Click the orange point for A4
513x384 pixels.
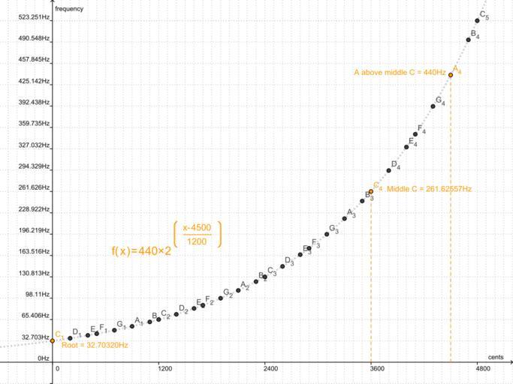[451, 75]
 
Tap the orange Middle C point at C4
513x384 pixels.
[371, 192]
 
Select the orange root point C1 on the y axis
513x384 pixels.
[53, 340]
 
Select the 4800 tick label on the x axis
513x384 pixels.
[484, 369]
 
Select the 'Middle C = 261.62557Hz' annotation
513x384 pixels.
[430, 189]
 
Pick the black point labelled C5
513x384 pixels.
[477, 20]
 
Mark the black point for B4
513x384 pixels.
[468, 40]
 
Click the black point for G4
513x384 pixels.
[433, 106]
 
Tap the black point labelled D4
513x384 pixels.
[389, 170]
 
